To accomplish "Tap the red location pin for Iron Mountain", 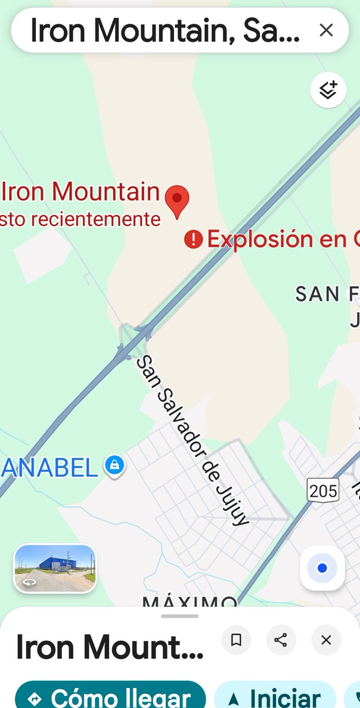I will click(x=176, y=199).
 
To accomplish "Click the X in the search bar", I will click(x=326, y=31).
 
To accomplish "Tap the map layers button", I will click(x=328, y=90).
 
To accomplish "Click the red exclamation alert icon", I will click(x=193, y=239).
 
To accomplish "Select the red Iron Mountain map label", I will click(x=81, y=192).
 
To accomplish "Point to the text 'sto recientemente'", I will click(x=81, y=219).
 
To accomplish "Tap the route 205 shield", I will click(x=323, y=490).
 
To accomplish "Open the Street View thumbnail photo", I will click(x=54, y=568).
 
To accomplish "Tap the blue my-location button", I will click(x=322, y=568).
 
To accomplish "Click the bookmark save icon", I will click(x=236, y=640).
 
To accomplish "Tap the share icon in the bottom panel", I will click(x=281, y=640).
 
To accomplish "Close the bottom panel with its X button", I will click(x=326, y=640).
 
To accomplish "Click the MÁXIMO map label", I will click(x=189, y=602).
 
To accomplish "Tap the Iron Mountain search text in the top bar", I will click(x=165, y=31).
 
